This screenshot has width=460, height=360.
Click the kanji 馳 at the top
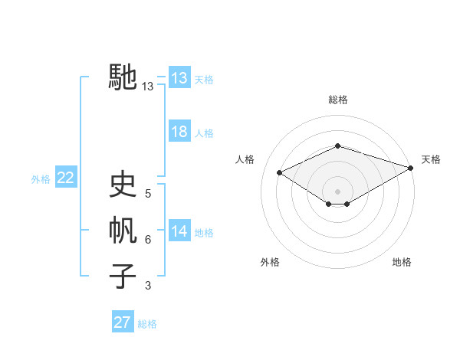coord(123,77)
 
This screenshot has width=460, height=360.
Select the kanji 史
coord(123,185)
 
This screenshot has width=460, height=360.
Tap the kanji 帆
coord(123,231)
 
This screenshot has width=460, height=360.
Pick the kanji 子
coord(123,276)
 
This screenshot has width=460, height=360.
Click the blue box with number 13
coord(179,78)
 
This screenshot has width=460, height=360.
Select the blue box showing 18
coord(179,132)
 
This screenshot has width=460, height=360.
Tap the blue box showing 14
coord(179,231)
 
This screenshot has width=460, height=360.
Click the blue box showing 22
coord(66,178)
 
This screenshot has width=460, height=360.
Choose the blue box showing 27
coord(123,322)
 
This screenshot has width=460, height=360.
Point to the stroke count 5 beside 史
coord(148,195)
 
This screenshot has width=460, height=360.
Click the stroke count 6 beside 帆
coord(148,240)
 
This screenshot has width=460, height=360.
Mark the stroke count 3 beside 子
coord(148,286)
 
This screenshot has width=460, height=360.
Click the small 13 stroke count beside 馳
coord(148,87)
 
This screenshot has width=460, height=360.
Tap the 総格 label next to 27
coord(147,324)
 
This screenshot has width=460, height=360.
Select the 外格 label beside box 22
coord(41,179)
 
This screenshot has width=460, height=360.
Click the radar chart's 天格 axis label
coord(431,159)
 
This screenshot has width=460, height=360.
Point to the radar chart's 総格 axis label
coord(338,100)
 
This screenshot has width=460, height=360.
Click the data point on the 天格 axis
coord(412,167)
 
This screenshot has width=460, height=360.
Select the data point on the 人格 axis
coord(280,172)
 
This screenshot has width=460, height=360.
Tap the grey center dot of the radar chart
coord(338,191)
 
